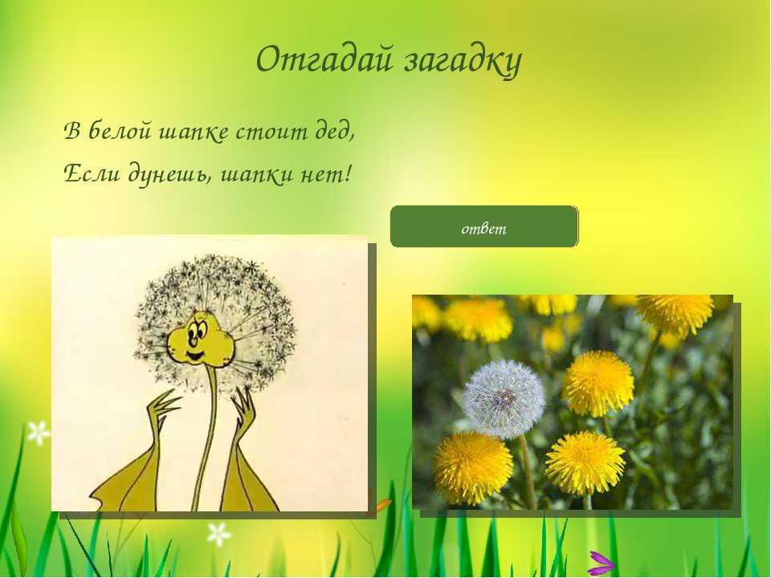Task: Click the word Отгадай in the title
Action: coord(325,59)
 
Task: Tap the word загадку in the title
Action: coord(463,62)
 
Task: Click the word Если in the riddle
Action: coord(92,173)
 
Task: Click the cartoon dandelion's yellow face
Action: coord(199,338)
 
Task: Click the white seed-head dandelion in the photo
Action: coord(504,398)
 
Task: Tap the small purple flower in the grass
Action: coord(601,564)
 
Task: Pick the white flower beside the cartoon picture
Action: coord(39,433)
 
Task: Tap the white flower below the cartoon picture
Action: coord(218,535)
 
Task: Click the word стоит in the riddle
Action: coord(270,132)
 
